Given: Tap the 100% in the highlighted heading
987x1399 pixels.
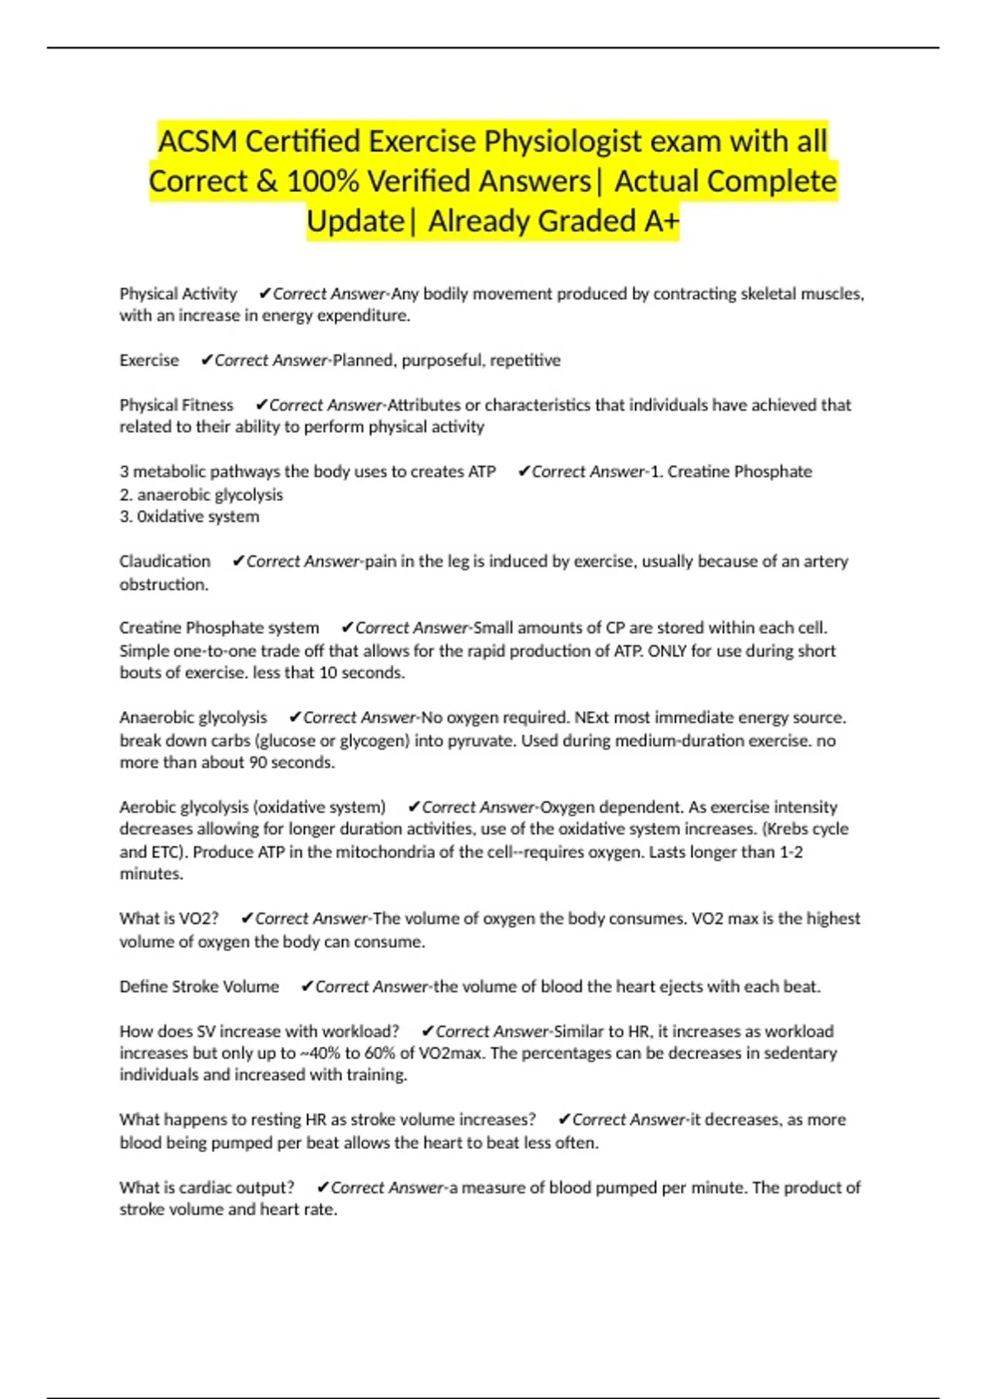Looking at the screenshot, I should tap(322, 181).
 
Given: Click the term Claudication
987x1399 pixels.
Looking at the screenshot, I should tap(164, 561).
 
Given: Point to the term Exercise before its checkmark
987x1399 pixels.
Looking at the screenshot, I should tap(149, 360).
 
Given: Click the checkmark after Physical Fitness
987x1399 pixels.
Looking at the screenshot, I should tap(261, 405).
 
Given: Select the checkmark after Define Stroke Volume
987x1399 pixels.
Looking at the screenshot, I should tap(307, 987).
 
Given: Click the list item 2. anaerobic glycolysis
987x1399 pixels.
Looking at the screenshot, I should tap(201, 495).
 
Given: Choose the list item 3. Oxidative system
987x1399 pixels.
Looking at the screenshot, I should tap(189, 517).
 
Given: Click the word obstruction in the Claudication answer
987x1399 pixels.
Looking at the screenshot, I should tap(163, 584).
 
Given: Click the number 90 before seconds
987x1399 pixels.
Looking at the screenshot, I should tap(258, 763).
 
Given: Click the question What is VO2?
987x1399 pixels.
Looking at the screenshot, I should tap(169, 918).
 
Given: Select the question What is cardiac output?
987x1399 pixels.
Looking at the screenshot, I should tap(206, 1188).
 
